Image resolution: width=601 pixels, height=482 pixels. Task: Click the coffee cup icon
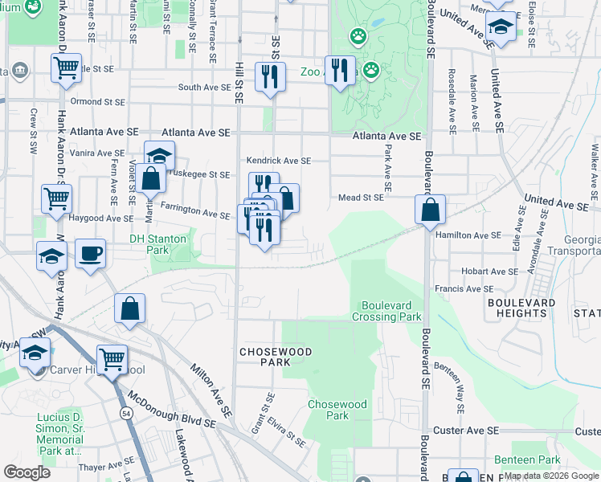point(90,254)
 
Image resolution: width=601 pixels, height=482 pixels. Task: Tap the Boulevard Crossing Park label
point(391,311)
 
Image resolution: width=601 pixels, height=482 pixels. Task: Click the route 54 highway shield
point(127,413)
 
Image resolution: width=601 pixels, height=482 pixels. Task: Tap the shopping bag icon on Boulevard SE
point(431,210)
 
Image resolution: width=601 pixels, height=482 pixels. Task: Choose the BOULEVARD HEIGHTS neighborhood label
point(521,308)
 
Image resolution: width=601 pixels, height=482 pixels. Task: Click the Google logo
point(27,472)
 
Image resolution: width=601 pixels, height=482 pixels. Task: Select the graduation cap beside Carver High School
point(35,353)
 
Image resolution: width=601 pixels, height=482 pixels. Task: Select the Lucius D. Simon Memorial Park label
point(59,435)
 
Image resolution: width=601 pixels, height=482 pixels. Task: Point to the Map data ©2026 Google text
point(551,476)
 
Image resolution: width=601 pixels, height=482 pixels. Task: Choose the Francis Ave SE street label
point(463,289)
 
